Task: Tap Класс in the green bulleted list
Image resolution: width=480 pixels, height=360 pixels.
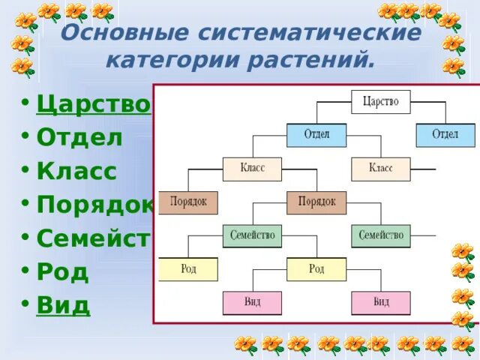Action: pyautogui.click(x=77, y=171)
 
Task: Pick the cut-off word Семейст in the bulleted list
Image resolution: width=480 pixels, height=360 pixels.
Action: pyautogui.click(x=94, y=238)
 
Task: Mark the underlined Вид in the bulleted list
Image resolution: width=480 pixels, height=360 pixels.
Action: pyautogui.click(x=63, y=305)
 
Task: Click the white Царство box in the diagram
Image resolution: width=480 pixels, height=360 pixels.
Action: pyautogui.click(x=380, y=101)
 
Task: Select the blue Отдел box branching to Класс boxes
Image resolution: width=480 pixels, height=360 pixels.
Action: pyautogui.click(x=316, y=135)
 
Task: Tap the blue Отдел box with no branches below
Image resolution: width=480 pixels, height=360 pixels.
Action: pyautogui.click(x=445, y=135)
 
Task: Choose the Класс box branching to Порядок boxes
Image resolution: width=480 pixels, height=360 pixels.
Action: pyautogui.click(x=252, y=169)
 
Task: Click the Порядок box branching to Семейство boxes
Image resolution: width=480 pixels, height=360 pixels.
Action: pyautogui.click(x=316, y=202)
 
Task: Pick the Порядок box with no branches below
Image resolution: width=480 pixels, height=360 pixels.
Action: pyautogui.click(x=187, y=202)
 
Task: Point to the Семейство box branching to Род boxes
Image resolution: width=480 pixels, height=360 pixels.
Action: pyautogui.click(x=252, y=235)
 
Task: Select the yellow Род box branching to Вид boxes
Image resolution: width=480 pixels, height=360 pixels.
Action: pyautogui.click(x=316, y=268)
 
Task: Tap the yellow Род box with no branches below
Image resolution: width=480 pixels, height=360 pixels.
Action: pyautogui.click(x=187, y=268)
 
